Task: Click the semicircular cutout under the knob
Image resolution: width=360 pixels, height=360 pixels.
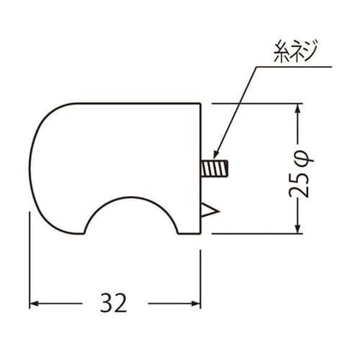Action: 130,216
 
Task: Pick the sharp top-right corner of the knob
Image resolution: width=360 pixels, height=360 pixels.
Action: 199,104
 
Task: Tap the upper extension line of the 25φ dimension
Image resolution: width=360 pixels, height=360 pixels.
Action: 252,104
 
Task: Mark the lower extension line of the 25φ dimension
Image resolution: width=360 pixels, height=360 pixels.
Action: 252,233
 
